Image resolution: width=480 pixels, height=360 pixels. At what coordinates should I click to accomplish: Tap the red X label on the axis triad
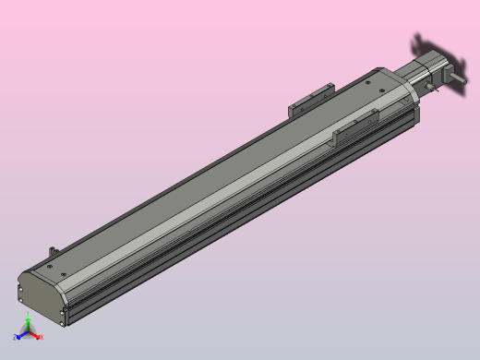42,337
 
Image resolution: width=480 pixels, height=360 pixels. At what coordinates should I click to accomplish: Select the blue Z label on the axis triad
16,338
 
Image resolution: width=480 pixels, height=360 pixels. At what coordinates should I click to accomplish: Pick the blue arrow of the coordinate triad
21,335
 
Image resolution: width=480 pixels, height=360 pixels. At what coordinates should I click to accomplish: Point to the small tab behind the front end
54,251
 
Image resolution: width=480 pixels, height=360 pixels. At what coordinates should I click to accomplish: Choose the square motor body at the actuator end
433,69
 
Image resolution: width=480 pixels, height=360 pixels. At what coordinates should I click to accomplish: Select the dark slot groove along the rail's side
240,222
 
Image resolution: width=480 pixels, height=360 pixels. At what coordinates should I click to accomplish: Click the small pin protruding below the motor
430,90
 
